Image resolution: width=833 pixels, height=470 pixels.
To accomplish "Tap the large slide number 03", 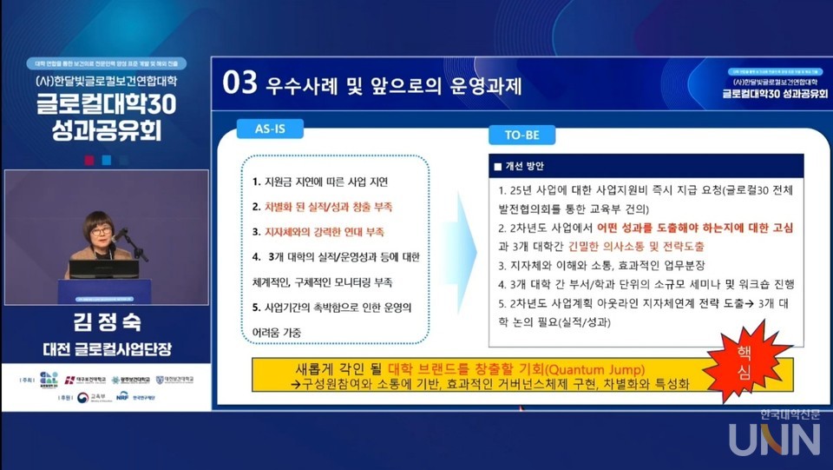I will coord(240,83).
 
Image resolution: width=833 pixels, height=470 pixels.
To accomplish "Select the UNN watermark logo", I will coord(775,439).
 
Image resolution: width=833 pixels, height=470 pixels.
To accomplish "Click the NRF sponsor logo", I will coord(122,397).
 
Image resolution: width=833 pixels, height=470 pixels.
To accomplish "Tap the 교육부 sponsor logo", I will coord(89,397).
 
